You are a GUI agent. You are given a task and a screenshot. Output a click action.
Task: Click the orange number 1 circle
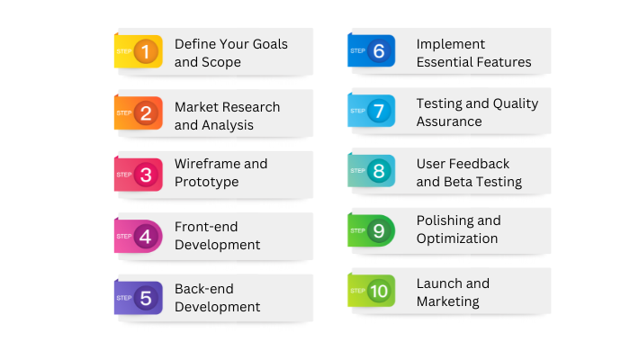pos(146,51)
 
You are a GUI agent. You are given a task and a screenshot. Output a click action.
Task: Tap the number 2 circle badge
pos(146,112)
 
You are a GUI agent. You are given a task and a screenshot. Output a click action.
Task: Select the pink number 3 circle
pos(146,175)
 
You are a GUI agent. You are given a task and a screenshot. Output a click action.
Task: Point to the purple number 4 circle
pos(146,236)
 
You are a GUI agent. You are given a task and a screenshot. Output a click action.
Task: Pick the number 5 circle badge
pos(146,298)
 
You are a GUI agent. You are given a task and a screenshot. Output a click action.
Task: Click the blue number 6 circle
pos(379,51)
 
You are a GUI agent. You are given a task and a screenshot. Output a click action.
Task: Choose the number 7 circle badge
pos(379,111)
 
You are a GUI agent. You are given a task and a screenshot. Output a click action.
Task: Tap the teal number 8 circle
pos(379,171)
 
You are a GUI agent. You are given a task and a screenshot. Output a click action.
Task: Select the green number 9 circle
pos(379,230)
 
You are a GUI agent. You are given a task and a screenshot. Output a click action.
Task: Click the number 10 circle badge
pos(379,291)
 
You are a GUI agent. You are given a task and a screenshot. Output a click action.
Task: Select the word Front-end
pos(206,227)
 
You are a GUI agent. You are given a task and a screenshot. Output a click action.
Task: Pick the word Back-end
pos(204,289)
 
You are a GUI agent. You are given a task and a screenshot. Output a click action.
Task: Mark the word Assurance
pos(449,121)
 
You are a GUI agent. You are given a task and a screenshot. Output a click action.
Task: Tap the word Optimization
pos(457,238)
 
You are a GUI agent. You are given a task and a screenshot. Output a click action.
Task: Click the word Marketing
pos(448,301)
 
